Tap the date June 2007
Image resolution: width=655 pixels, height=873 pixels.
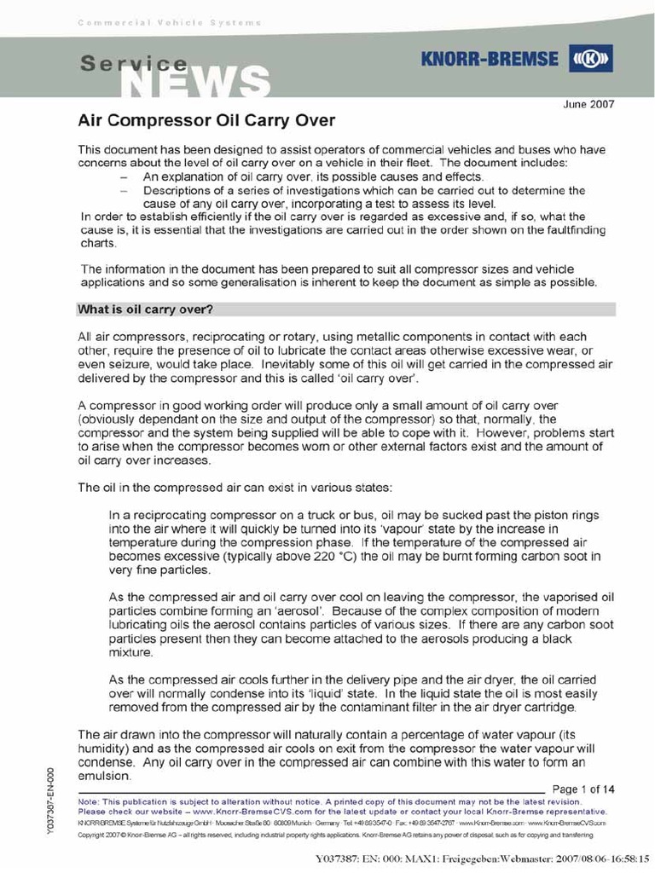(589, 104)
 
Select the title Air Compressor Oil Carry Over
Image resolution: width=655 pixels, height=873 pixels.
(206, 120)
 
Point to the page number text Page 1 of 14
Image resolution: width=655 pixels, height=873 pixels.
(584, 789)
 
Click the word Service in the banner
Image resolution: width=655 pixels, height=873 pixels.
(134, 62)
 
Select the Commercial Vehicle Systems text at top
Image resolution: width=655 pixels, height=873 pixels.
(170, 22)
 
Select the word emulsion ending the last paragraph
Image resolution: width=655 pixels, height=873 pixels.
(104, 777)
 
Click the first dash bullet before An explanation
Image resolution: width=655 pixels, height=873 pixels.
(125, 176)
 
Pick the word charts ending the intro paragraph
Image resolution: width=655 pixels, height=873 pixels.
(96, 242)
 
